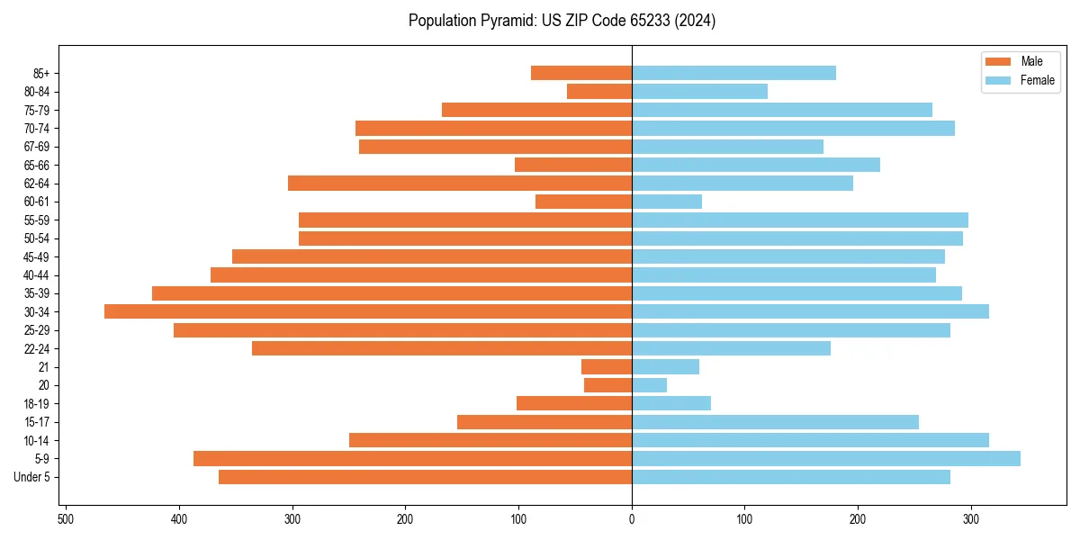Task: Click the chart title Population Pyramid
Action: (562, 21)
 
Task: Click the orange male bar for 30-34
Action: (368, 311)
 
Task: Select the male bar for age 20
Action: (608, 385)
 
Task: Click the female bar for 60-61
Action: (667, 202)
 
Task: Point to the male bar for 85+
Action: (581, 73)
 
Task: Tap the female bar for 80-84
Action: (699, 91)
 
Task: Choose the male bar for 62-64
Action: (460, 184)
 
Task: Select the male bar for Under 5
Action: (425, 477)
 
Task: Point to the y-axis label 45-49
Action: (37, 256)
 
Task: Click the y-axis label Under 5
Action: (32, 477)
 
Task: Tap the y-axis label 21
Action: (44, 367)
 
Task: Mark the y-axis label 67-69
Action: (37, 147)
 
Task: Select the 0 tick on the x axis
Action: (632, 519)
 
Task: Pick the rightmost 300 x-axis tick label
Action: (970, 519)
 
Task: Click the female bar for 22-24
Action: (731, 348)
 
